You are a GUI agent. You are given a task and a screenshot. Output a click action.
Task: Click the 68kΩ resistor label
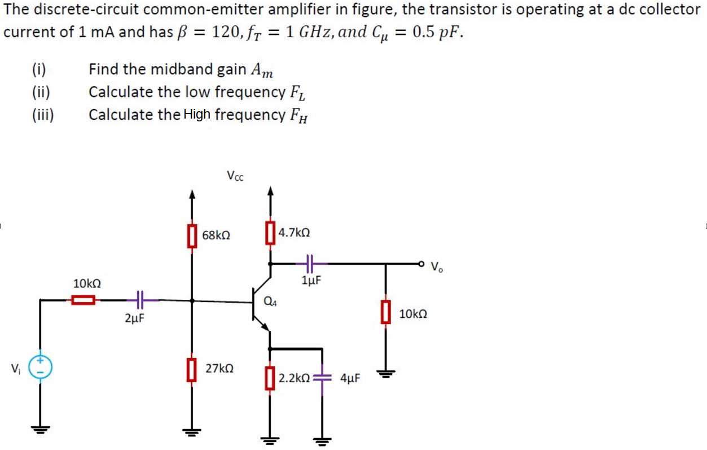click(x=216, y=235)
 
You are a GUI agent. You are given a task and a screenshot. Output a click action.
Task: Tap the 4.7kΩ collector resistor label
click(x=294, y=233)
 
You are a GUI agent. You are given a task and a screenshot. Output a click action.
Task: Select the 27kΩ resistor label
click(x=219, y=368)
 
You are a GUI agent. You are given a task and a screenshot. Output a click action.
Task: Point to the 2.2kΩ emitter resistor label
click(x=294, y=378)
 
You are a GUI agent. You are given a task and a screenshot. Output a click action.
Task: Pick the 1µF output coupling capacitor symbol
click(x=309, y=263)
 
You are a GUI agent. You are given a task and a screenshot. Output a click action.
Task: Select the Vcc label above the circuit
click(x=235, y=176)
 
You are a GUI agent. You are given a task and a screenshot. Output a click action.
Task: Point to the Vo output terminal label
click(x=437, y=266)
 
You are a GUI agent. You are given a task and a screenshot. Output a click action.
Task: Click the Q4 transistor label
click(x=270, y=302)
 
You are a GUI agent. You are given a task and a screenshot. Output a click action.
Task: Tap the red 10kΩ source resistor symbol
click(x=84, y=300)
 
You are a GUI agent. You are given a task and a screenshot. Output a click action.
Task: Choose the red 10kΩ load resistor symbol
click(x=385, y=312)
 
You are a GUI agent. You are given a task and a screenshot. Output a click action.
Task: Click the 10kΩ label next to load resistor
click(x=413, y=313)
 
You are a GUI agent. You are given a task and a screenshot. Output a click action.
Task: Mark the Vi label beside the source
click(x=15, y=369)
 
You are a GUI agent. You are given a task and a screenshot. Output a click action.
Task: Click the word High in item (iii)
click(x=197, y=115)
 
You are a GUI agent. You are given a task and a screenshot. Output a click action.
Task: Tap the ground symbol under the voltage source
click(x=40, y=428)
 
